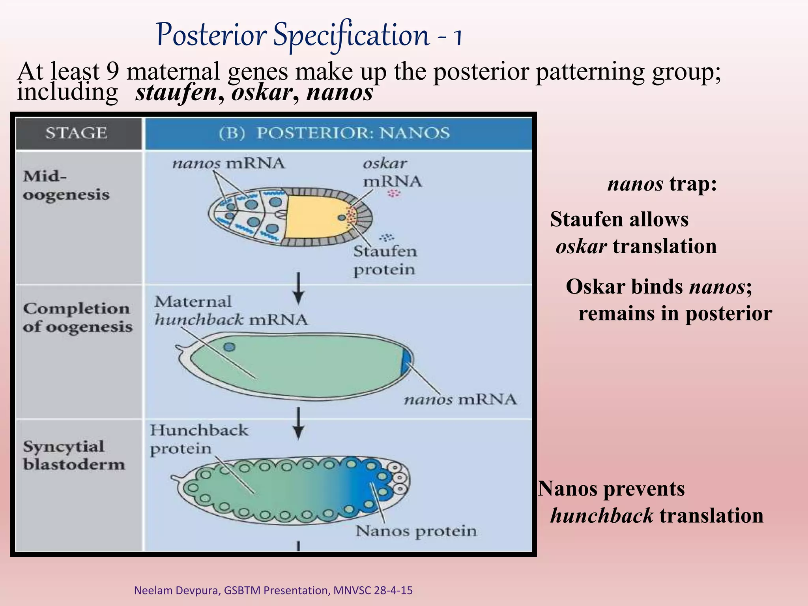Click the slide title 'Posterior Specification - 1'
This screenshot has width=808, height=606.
coord(309,36)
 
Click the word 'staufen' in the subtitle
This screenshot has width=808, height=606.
coord(176,93)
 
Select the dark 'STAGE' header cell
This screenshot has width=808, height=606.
coord(77,133)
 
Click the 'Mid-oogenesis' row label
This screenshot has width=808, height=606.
coord(65,185)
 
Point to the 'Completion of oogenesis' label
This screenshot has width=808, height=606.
coord(77,318)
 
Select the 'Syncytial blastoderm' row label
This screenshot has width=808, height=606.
coord(73,455)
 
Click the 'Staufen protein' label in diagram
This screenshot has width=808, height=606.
coord(385,260)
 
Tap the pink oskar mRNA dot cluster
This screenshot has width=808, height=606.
coord(394,193)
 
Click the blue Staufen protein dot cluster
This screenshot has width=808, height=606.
coord(387,237)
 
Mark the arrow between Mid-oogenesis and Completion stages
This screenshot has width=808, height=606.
coord(299,288)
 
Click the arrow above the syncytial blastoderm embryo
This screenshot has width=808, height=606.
coord(299,423)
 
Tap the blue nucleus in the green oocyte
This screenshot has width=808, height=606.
coord(229,347)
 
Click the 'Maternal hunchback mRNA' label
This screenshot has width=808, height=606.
coord(231,310)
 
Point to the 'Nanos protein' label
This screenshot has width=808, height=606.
coord(416,531)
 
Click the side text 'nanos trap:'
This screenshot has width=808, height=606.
coord(662,183)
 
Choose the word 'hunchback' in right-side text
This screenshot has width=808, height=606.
coord(601,515)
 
